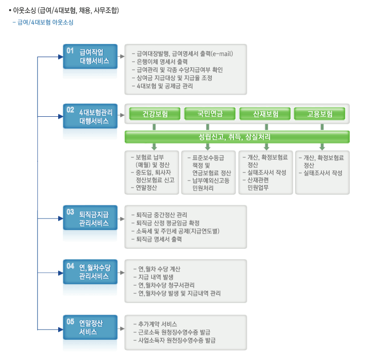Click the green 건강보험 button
click(155, 114)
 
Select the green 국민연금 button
click(210, 114)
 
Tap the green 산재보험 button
click(265, 114)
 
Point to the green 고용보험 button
click(320, 114)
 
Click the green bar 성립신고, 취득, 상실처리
click(238, 137)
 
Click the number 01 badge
click(70, 51)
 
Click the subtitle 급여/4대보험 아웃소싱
click(45, 22)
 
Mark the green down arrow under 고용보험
click(322, 147)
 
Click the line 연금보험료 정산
click(212, 173)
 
